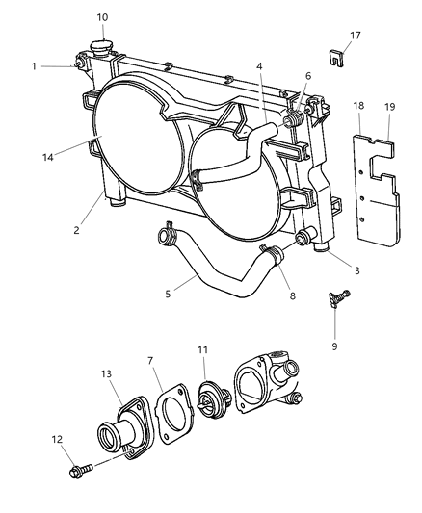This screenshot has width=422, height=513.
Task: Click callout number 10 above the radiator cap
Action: [102, 16]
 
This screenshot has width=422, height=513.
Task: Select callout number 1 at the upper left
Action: [33, 65]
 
